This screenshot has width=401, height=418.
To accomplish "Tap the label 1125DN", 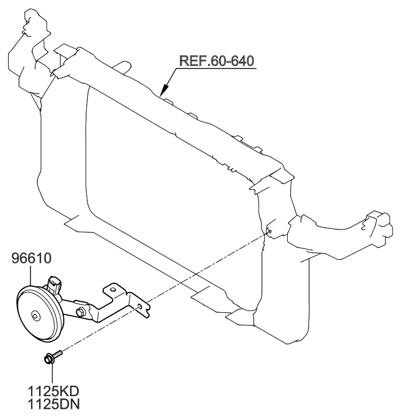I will pyautogui.click(x=55, y=405).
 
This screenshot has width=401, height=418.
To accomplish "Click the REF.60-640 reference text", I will pyautogui.click(x=217, y=60).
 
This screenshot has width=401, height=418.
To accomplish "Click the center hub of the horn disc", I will pyautogui.click(x=36, y=315).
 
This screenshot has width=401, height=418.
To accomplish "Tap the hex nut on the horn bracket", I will pyautogui.click(x=80, y=311).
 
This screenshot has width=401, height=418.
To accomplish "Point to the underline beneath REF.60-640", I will pyautogui.click(x=218, y=68).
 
